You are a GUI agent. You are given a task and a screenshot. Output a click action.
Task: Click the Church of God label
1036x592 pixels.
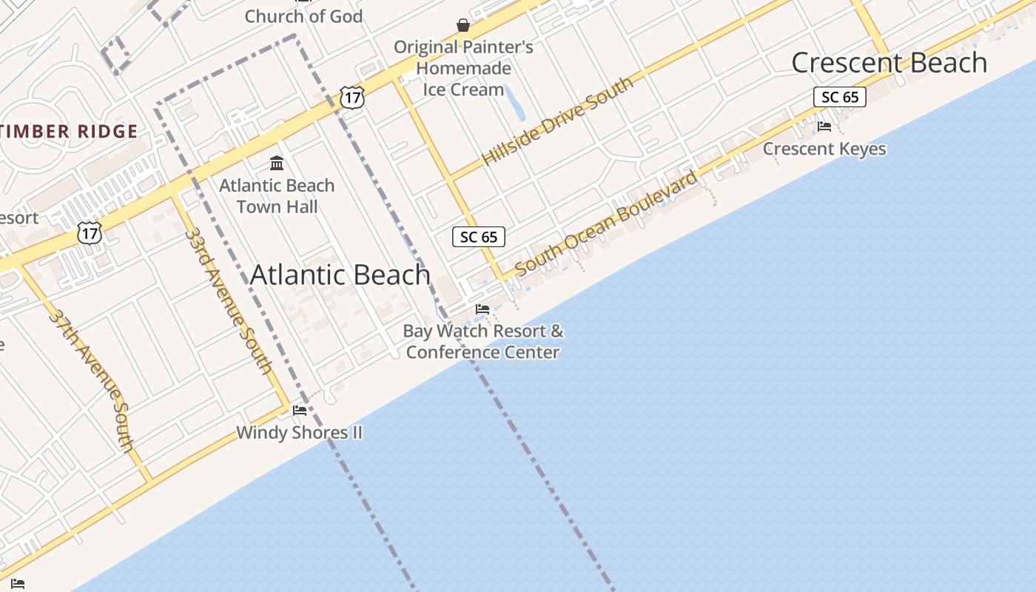tap(303, 16)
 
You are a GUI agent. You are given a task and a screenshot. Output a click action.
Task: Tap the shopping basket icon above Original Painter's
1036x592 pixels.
tap(463, 26)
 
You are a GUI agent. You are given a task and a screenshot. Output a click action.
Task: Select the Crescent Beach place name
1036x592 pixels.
tap(889, 63)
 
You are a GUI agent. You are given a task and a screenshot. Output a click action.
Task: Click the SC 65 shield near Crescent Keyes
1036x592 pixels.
tap(840, 97)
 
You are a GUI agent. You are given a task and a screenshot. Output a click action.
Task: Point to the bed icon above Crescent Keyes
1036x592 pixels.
tap(824, 127)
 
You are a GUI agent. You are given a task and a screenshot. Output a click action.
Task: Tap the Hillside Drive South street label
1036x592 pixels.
tap(558, 121)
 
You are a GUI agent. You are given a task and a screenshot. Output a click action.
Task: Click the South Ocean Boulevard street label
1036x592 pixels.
tap(606, 223)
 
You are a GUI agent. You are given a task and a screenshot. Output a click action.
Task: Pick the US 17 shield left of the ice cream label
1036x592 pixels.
tap(352, 98)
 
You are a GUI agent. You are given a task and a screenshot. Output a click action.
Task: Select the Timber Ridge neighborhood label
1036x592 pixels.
tap(69, 132)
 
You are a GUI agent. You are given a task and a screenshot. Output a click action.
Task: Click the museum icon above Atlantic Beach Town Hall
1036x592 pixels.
tap(277, 163)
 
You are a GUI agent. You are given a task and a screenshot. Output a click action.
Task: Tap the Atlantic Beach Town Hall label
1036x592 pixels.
tap(277, 196)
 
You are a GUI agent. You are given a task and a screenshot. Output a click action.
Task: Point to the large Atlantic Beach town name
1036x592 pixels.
tap(340, 275)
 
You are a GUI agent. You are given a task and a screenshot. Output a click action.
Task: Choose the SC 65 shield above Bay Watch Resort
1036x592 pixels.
tap(479, 237)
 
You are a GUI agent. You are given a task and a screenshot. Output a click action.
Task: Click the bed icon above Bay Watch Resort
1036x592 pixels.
tap(482, 309)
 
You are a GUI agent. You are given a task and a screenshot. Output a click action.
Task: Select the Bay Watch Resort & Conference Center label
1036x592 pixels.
tap(482, 341)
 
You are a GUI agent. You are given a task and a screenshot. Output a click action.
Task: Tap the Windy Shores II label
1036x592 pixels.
tap(299, 432)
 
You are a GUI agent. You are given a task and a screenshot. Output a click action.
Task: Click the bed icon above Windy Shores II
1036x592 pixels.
tap(299, 410)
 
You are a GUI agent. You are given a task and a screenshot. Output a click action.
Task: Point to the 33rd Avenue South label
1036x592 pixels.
tap(228, 300)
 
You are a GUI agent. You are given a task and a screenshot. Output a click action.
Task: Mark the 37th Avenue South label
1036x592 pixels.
tap(92, 380)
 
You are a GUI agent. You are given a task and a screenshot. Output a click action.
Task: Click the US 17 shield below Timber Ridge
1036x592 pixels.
tap(90, 233)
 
